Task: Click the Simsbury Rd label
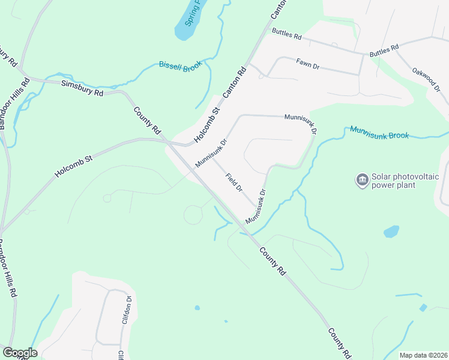(82, 88)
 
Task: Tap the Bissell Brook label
(180, 67)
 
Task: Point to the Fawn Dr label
(310, 63)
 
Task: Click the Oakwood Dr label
(426, 79)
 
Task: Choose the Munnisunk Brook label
(379, 132)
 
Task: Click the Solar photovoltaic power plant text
(407, 181)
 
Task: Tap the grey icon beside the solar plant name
(362, 180)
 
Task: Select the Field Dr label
(234, 182)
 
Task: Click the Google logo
(20, 353)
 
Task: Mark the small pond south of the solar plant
(391, 231)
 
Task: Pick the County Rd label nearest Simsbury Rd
(148, 120)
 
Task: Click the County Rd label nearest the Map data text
(340, 343)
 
